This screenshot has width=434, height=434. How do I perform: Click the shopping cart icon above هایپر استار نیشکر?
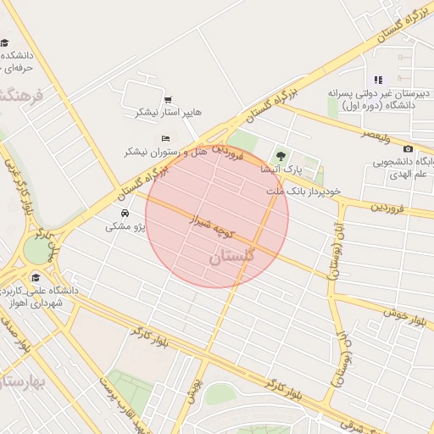168,99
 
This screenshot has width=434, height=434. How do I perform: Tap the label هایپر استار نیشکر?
169,113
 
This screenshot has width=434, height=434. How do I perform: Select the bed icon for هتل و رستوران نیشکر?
165,138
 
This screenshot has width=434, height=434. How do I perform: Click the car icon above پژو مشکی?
125,214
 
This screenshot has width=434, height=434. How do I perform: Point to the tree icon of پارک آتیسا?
281,156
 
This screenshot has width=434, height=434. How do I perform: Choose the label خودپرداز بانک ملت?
304,192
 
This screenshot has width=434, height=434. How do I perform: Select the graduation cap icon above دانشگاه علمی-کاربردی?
36,277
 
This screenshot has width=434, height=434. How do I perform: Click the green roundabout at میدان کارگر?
36,250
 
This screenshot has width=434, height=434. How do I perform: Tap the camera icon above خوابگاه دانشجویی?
408,149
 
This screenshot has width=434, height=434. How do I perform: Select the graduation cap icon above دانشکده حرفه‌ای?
5,42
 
